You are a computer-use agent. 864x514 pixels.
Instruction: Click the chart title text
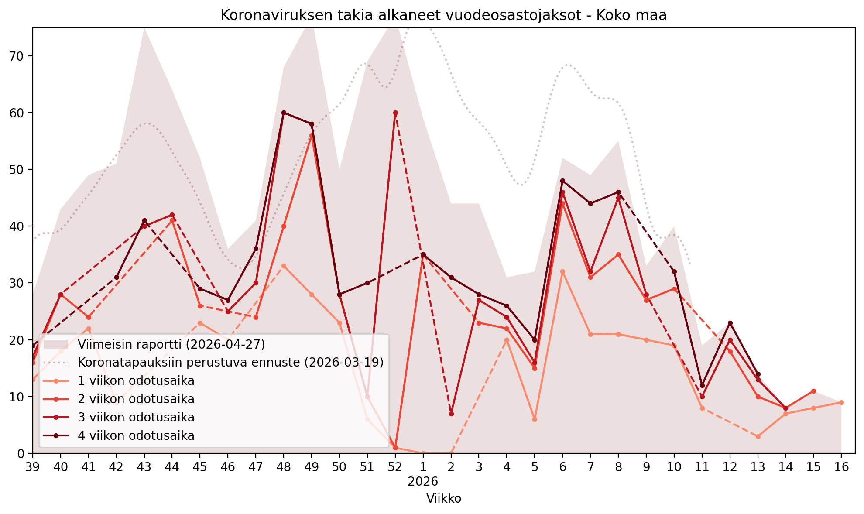pyautogui.click(x=443, y=15)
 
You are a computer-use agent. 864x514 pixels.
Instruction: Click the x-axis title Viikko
pyautogui.click(x=444, y=498)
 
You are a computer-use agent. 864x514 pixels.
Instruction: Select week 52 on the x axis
pyautogui.click(x=395, y=467)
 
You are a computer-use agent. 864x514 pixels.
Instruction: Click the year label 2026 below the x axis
pyautogui.click(x=423, y=482)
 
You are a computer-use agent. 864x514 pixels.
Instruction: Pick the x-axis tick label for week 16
pyautogui.click(x=841, y=467)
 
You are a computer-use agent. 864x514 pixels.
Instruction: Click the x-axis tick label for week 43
pyautogui.click(x=144, y=467)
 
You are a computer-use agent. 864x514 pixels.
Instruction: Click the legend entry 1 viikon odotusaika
pyautogui.click(x=136, y=381)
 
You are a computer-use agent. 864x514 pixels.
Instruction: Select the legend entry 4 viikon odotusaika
pyautogui.click(x=136, y=435)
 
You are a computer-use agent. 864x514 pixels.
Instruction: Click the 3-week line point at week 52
pyautogui.click(x=395, y=113)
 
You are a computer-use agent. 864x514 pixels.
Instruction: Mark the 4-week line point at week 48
pyautogui.click(x=284, y=113)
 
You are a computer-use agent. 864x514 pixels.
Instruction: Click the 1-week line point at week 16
pyautogui.click(x=841, y=402)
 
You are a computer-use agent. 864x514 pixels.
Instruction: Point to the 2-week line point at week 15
pyautogui.click(x=813, y=391)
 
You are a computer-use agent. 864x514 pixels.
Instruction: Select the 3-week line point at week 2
pyautogui.click(x=451, y=414)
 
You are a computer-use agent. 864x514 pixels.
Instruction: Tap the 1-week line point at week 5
pyautogui.click(x=535, y=419)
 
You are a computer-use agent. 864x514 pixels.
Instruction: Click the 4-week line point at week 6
pyautogui.click(x=562, y=181)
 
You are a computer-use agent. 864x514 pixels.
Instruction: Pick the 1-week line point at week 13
pyautogui.click(x=758, y=436)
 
